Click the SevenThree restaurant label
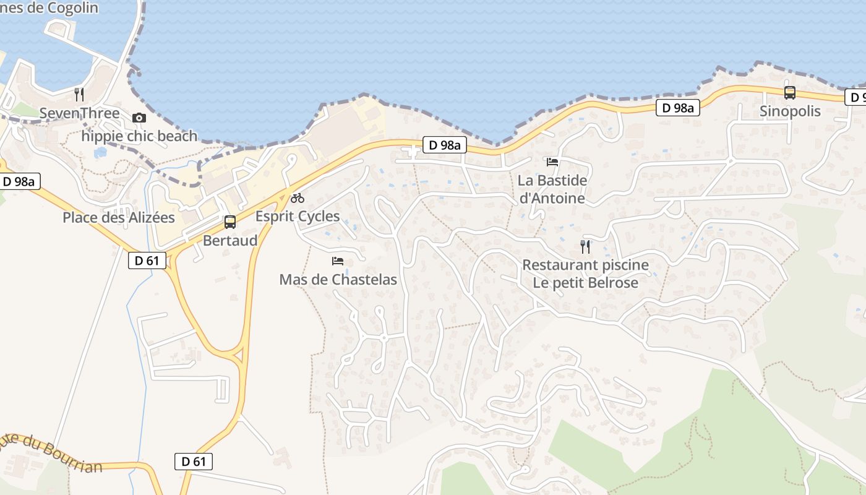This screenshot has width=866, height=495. pyautogui.click(x=79, y=113)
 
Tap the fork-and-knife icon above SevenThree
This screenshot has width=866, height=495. pyautogui.click(x=79, y=95)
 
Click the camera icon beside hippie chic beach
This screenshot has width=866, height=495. pyautogui.click(x=139, y=118)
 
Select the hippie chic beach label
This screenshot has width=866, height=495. pyautogui.click(x=140, y=136)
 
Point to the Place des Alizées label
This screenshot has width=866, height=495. pyautogui.click(x=119, y=218)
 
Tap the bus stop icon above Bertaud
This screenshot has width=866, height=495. pyautogui.click(x=230, y=222)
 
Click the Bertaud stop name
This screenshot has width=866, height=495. pyautogui.click(x=230, y=240)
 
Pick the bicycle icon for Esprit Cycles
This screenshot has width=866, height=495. pyautogui.click(x=298, y=198)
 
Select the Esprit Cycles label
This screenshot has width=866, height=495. pyautogui.click(x=298, y=217)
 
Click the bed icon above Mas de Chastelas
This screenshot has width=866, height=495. pyautogui.click(x=338, y=261)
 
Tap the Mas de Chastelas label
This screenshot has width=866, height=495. pyautogui.click(x=338, y=280)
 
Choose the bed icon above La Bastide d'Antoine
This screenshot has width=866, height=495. pyautogui.click(x=552, y=162)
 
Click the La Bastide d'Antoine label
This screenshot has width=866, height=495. pyautogui.click(x=552, y=189)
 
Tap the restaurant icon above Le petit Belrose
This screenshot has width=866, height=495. pyautogui.click(x=585, y=247)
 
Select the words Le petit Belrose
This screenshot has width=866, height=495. pyautogui.click(x=585, y=283)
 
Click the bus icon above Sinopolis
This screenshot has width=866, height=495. pyautogui.click(x=790, y=93)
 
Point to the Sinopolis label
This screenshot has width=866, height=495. pyautogui.click(x=790, y=111)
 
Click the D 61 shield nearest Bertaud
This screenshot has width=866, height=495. pyautogui.click(x=147, y=260)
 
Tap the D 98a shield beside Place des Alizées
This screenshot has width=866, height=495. pyautogui.click(x=21, y=182)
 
